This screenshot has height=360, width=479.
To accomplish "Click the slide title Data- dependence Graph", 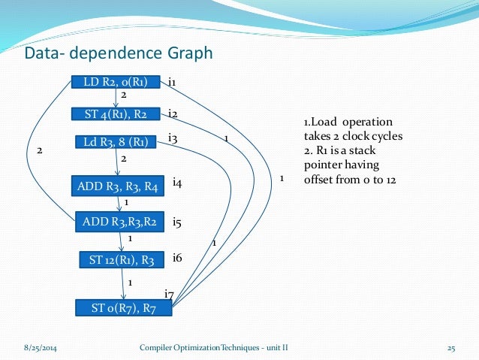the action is point(119,53).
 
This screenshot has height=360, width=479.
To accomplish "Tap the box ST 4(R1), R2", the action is point(115,114).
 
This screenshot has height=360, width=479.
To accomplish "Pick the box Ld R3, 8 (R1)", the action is point(115,142).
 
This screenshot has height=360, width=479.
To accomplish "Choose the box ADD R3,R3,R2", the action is point(119,221).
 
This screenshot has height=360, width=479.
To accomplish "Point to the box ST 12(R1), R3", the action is point(121,260).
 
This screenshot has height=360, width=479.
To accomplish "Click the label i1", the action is point(172,81).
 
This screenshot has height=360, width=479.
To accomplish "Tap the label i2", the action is point(172,113).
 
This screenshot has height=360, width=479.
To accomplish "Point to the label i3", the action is point(172,138).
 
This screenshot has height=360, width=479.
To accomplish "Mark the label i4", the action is point(177,183).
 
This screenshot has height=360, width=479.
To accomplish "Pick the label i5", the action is point(177,222).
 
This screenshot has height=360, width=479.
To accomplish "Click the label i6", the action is point(177,258).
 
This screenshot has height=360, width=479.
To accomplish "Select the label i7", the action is point(169,293).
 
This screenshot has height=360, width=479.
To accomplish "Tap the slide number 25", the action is point(452,348).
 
